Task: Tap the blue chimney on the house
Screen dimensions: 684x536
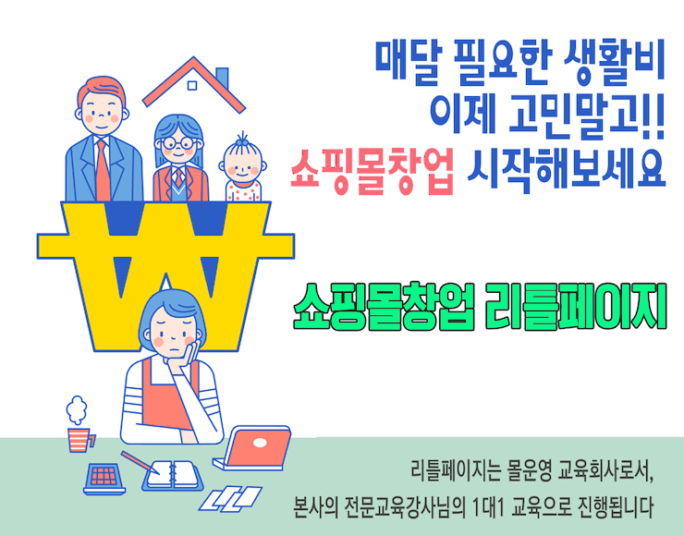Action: tap(222, 79)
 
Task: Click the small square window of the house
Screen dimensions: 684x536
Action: tap(192, 85)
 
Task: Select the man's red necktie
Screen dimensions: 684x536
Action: tap(103, 170)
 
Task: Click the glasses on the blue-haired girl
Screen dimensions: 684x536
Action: tap(178, 142)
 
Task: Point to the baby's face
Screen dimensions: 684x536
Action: tap(242, 164)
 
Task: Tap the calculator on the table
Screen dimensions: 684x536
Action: tap(104, 478)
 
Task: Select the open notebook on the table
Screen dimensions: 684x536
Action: tap(172, 474)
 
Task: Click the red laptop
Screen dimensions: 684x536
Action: tap(254, 448)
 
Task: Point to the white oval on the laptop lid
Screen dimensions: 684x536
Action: tap(260, 443)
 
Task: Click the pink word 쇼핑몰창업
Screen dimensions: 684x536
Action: tap(373, 171)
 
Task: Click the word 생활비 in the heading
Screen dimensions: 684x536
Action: tap(614, 62)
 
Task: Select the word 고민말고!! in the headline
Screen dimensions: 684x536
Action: tap(587, 116)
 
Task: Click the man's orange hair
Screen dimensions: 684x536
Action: tap(102, 90)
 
